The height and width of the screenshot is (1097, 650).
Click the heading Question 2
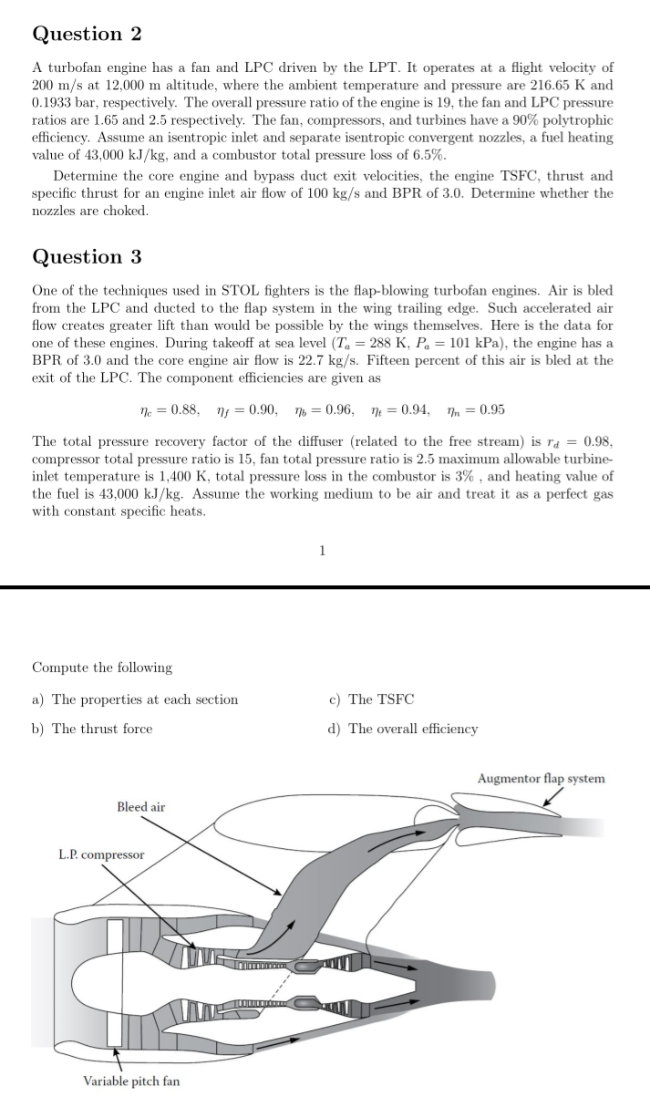87,34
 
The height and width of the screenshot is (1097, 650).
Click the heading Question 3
87,256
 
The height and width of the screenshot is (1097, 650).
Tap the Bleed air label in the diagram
141,807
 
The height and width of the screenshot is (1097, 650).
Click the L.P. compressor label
101,854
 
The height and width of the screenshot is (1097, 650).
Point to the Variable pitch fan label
131,1081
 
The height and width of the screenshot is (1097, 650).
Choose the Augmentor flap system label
541,778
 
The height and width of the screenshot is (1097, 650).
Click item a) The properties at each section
135,699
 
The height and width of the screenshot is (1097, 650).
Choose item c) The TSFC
371,699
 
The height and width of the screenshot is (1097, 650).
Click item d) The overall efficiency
403,729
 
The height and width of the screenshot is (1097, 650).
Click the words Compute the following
102,668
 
